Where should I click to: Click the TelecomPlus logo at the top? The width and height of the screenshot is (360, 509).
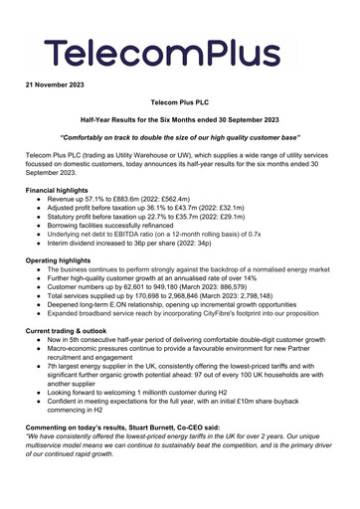[179, 47]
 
